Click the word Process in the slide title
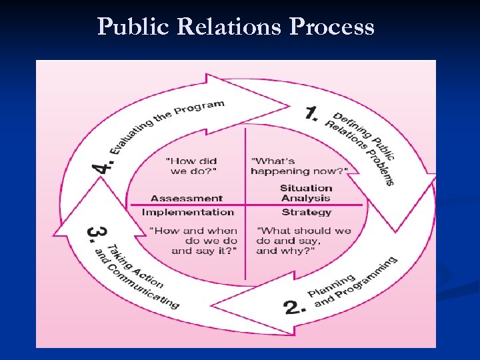coord(332,27)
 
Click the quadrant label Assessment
coord(187,198)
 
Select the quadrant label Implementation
coord(188,212)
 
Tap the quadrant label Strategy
coord(307,212)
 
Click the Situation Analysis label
coord(306,193)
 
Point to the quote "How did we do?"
coord(192,165)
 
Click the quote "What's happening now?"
coord(299,165)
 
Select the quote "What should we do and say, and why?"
coord(303,241)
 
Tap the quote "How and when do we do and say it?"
coord(194,241)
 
